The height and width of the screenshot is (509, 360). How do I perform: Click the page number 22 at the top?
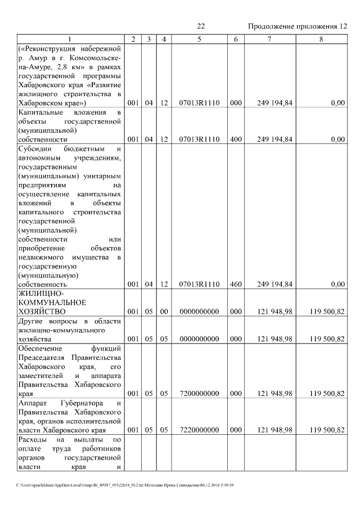(x=201, y=26)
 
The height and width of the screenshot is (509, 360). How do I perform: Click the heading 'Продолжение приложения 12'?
(x=298, y=26)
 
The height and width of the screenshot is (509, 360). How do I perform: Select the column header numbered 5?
(x=199, y=39)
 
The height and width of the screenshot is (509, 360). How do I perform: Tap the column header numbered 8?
(x=321, y=39)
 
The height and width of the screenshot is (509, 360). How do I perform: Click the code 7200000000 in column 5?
(x=199, y=394)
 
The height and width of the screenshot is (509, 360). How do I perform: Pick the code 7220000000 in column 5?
(x=199, y=430)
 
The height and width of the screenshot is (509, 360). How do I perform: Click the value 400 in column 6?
(x=236, y=139)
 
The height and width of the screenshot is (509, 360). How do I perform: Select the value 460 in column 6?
(x=236, y=285)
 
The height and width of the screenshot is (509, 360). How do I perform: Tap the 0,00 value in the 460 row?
(x=337, y=285)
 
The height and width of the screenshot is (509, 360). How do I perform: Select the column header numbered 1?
(x=69, y=39)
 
